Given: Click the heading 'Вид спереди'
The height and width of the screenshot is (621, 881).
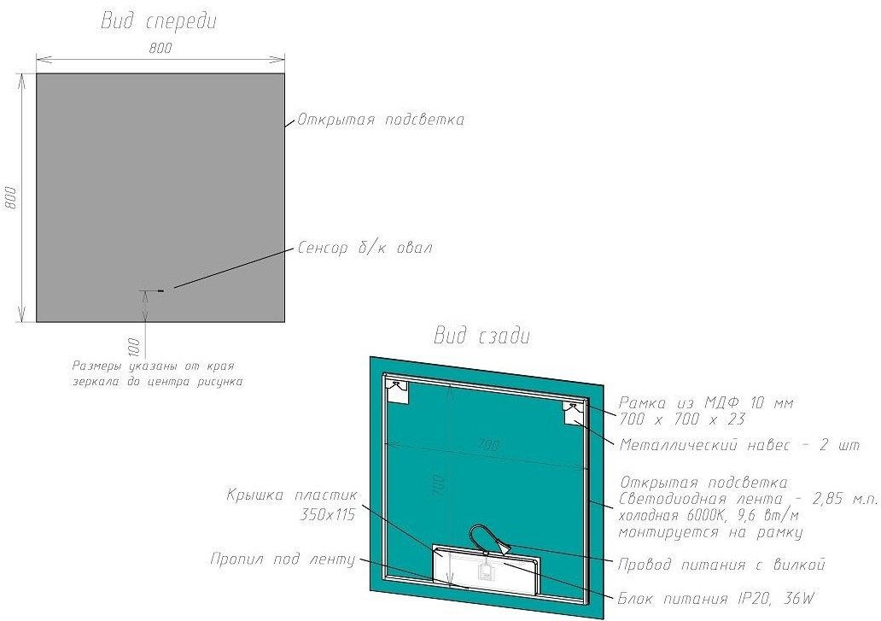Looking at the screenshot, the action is (159, 21).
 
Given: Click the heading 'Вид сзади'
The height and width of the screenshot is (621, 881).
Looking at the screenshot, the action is (482, 336).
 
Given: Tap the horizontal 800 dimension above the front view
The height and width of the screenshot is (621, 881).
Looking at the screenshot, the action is (160, 48).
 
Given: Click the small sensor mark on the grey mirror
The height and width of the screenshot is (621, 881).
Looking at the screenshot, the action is (161, 290).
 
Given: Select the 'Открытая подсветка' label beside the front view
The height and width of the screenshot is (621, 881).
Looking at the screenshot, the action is (381, 120).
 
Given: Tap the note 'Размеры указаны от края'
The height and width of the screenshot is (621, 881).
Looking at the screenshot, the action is (153, 366).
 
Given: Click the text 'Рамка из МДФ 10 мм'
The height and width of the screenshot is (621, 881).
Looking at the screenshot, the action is (706, 402).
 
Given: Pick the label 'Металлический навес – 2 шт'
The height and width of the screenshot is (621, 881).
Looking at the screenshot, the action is (739, 445).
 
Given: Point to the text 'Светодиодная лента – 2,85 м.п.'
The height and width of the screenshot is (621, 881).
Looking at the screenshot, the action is (749, 499).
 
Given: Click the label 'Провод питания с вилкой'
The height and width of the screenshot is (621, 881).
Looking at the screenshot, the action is (721, 565).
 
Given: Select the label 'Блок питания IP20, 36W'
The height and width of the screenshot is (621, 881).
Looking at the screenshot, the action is (715, 599).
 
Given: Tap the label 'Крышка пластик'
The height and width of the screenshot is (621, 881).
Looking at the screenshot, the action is (292, 495).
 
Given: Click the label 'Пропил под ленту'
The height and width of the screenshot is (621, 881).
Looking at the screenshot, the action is (283, 559).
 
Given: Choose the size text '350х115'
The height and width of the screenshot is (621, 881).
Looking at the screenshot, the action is (328, 513).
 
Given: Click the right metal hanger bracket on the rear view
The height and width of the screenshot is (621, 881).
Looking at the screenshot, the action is (574, 413).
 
